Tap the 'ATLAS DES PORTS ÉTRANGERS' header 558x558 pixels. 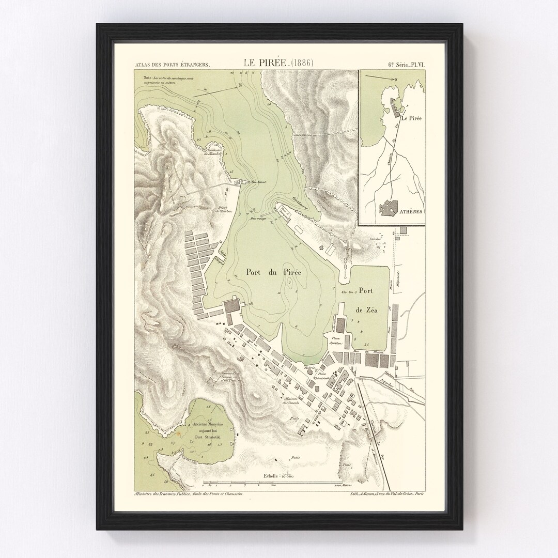172,65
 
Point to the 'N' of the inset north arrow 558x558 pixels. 395,80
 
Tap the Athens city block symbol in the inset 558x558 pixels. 391,207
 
